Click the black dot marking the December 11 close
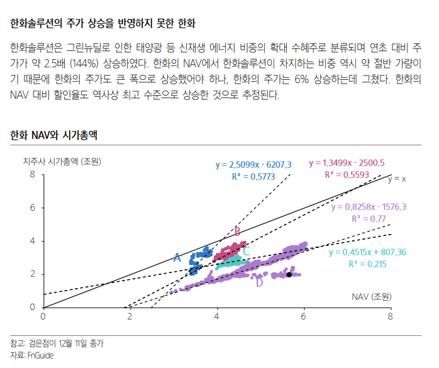click(x=289, y=274)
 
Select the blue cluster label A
click(x=177, y=257)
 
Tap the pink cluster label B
click(x=237, y=231)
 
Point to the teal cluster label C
click(x=247, y=252)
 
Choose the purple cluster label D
click(x=258, y=282)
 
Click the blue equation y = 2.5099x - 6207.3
click(x=253, y=165)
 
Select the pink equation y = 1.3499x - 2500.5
click(x=347, y=162)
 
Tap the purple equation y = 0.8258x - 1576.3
click(x=368, y=206)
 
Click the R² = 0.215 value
click(x=367, y=264)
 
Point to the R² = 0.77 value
click(x=369, y=218)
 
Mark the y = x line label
click(x=397, y=179)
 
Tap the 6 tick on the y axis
click(x=33, y=208)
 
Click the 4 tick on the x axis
click(x=217, y=316)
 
